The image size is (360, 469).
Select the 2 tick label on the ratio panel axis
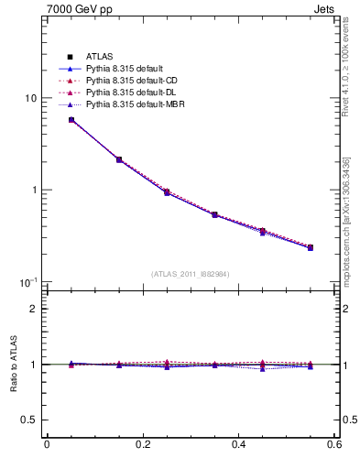point(34,309)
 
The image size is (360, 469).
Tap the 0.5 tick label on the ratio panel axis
point(29,420)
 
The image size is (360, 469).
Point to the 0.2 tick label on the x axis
point(142,445)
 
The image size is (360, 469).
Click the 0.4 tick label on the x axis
point(238,445)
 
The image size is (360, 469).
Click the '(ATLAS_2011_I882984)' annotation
point(190,274)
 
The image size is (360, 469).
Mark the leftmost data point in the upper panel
point(71,120)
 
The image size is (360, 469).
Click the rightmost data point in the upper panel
point(311,247)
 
